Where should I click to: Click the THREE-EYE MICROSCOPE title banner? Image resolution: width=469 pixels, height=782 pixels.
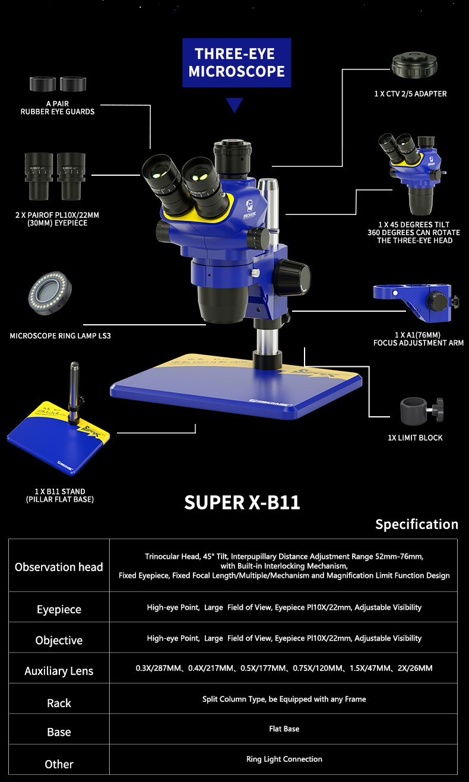[x=236, y=63]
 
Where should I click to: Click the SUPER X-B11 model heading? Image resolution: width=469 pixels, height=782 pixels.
[x=242, y=502]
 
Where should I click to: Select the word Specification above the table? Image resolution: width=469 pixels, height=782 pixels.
[x=417, y=524]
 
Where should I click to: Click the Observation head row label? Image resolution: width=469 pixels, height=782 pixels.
[x=59, y=567]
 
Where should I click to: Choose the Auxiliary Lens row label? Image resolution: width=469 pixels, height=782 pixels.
[x=59, y=671]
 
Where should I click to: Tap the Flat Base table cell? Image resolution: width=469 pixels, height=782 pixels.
[x=284, y=729]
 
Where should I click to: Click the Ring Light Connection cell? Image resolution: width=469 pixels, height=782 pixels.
[x=284, y=759]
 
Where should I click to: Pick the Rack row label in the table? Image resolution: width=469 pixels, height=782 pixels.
[x=59, y=703]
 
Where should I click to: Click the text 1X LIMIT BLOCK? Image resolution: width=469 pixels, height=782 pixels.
[x=415, y=438]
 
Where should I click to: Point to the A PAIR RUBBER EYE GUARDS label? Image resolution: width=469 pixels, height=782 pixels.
[x=58, y=107]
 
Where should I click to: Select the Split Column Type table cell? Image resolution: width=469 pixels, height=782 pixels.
[x=284, y=699]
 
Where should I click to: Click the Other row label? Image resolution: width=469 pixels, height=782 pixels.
[x=59, y=764]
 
